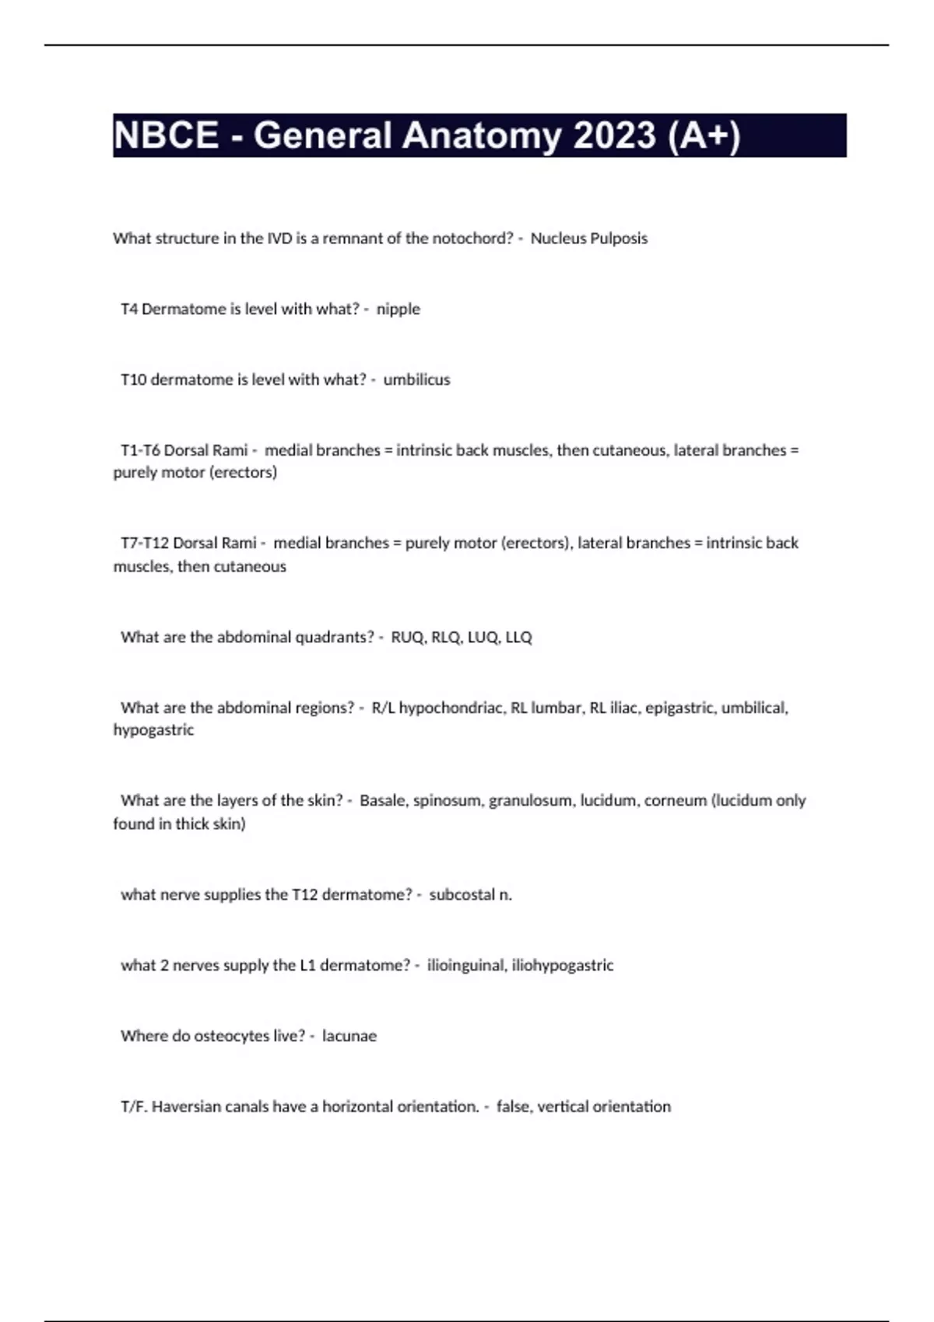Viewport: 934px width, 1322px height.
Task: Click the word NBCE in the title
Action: click(x=166, y=135)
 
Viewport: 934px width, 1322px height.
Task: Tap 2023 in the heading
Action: click(x=615, y=135)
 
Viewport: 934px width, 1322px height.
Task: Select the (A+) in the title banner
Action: click(x=704, y=135)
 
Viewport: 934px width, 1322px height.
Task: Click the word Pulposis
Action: click(x=618, y=239)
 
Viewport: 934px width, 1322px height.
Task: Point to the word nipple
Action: click(x=398, y=310)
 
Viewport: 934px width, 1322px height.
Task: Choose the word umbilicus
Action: click(x=416, y=380)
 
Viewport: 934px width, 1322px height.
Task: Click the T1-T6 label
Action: click(x=140, y=450)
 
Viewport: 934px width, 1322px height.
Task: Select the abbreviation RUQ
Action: click(x=408, y=638)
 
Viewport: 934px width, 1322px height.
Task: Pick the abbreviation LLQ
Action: click(x=518, y=638)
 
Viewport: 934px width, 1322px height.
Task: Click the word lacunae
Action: click(x=349, y=1037)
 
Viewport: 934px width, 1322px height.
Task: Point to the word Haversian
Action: click(x=186, y=1107)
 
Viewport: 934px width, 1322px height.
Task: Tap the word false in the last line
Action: click(x=513, y=1107)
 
